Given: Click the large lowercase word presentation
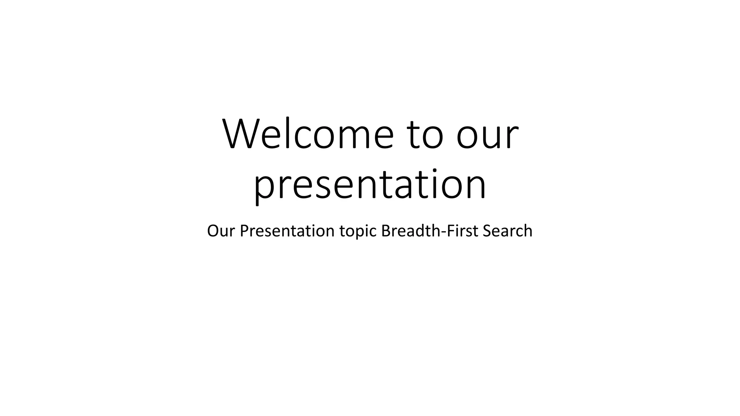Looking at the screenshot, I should pyautogui.click(x=370, y=185).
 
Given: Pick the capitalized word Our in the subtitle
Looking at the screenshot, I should pyautogui.click(x=221, y=231).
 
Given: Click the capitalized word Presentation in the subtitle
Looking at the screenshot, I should pyautogui.click(x=287, y=231).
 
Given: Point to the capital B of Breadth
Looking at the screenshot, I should pyautogui.click(x=386, y=231).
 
